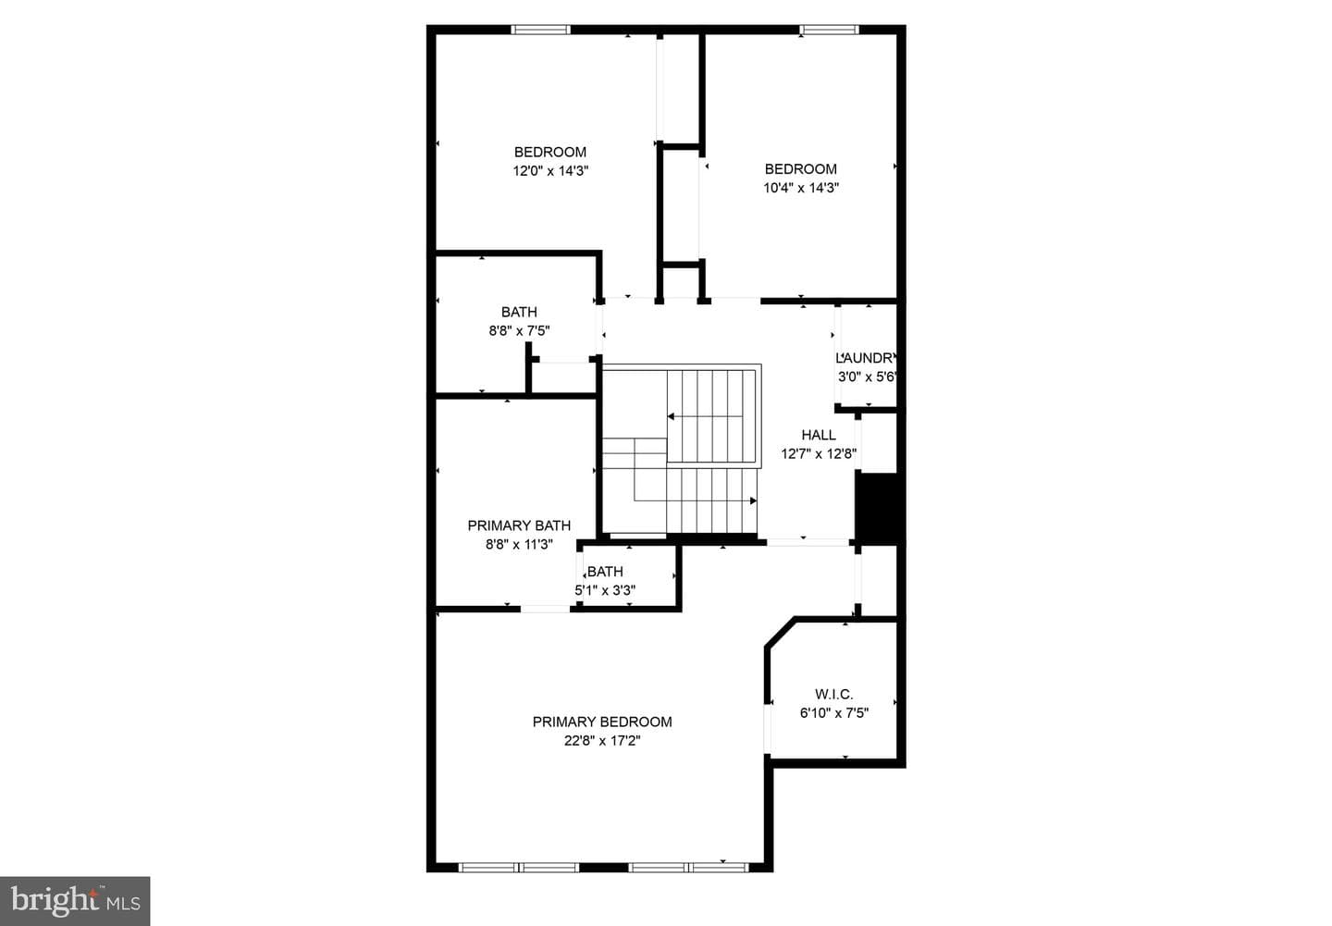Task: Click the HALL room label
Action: tap(819, 435)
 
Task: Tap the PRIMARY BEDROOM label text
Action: tap(602, 722)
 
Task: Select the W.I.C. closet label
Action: tap(833, 694)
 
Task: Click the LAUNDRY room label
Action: tap(865, 358)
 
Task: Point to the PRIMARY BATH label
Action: tap(519, 525)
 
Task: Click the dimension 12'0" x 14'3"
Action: tap(550, 171)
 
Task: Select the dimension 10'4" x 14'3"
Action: tap(801, 188)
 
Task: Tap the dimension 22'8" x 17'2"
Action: tap(602, 740)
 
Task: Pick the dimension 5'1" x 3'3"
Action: tap(605, 590)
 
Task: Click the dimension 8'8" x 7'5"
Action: tap(519, 330)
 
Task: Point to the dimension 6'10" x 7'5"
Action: tap(833, 713)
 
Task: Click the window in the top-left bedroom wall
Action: tap(540, 30)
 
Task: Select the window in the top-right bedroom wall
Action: tap(829, 30)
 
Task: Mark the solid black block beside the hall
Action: tap(880, 509)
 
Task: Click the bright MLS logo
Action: tap(75, 901)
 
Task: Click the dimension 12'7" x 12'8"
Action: tap(819, 454)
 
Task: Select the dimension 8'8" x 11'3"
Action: tap(519, 544)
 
